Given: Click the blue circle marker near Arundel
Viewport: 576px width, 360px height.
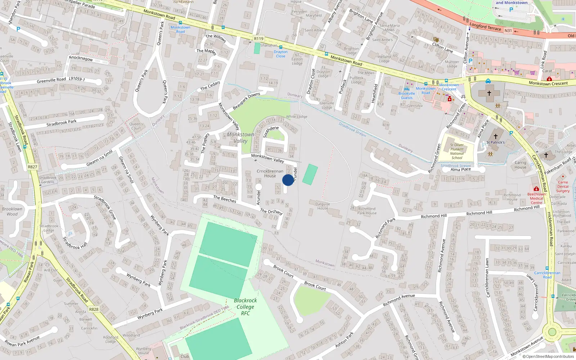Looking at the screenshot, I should click(288, 180).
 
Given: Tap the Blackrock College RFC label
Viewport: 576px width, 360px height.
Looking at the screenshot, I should click(245, 307).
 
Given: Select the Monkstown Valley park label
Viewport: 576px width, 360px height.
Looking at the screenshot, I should click(240, 138).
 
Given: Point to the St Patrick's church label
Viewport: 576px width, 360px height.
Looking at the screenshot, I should click(495, 142).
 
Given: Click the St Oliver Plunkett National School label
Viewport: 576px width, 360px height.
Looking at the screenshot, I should click(457, 151).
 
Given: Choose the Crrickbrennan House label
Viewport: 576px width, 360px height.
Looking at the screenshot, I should click(270, 174).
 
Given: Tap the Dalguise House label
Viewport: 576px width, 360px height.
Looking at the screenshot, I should click(323, 206).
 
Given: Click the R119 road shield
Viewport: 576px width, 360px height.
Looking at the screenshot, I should click(258, 39).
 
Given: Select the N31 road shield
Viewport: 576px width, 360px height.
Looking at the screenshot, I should click(508, 31).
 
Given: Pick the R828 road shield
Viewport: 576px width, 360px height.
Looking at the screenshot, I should click(94, 309).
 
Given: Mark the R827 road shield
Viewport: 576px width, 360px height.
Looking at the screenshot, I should click(32, 167).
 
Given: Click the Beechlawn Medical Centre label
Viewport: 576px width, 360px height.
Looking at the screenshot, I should click(536, 198).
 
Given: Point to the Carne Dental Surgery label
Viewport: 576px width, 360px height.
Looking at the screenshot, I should click(563, 186).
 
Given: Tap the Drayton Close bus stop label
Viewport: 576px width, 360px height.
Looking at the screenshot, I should click(280, 54).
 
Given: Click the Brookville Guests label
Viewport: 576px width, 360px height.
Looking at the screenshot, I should click(407, 95).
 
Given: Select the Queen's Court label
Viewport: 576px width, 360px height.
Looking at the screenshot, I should click(136, 126).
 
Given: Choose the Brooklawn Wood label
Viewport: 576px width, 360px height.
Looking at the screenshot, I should click(12, 211).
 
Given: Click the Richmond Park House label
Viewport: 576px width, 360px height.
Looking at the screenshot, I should click(367, 211).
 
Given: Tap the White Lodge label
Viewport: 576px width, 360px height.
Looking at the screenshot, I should click(297, 117).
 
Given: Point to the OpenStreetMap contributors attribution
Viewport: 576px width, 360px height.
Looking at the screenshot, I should click(548, 357).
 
